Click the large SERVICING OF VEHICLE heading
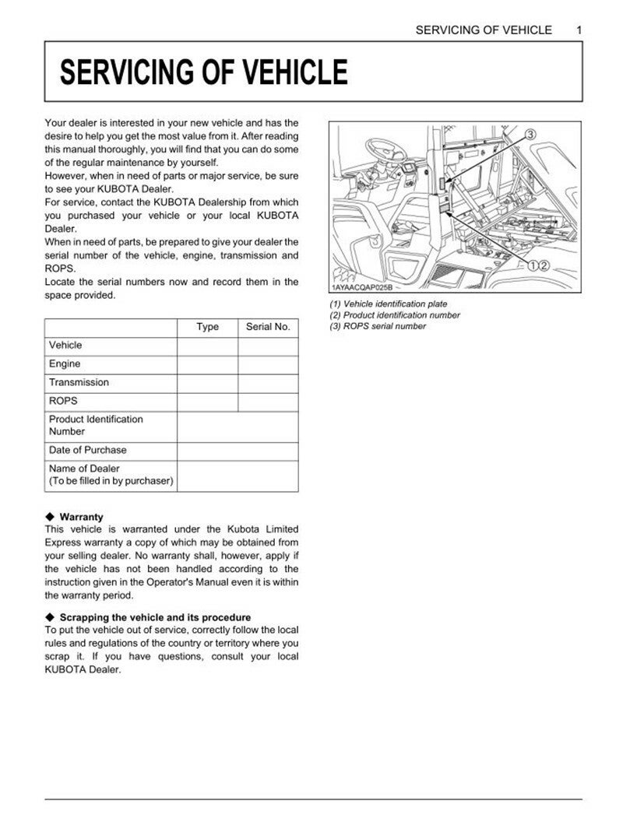pyautogui.click(x=204, y=72)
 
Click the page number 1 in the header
pyautogui.click(x=579, y=30)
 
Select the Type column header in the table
pyautogui.click(x=207, y=327)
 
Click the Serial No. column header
pyautogui.click(x=268, y=327)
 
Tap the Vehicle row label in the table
pyautogui.click(x=65, y=345)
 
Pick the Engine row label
pyautogui.click(x=65, y=363)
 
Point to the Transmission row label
pyautogui.click(x=79, y=382)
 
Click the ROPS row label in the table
pyautogui.click(x=63, y=401)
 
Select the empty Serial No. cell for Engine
pyautogui.click(x=268, y=363)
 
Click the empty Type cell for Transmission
pyautogui.click(x=207, y=382)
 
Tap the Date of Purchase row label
pyautogui.click(x=87, y=450)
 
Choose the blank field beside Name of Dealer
pyautogui.click(x=238, y=475)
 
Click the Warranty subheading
pyautogui.click(x=81, y=517)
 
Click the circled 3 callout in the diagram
pyautogui.click(x=530, y=135)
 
